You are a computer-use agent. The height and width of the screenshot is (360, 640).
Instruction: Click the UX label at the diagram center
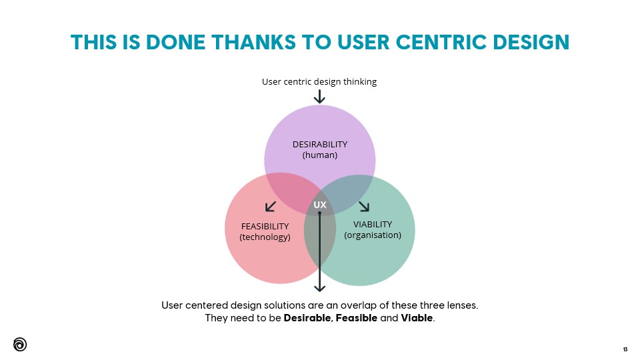[320, 204]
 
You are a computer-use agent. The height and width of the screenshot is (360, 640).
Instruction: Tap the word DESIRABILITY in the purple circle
[320, 144]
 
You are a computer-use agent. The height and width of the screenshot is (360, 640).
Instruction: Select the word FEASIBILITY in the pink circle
[265, 227]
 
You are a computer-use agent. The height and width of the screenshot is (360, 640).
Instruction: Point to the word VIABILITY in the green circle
[373, 224]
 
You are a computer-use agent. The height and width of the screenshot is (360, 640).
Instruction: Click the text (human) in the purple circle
[320, 155]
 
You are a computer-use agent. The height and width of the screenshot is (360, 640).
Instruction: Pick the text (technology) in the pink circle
[265, 237]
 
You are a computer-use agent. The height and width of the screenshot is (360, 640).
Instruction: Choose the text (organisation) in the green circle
[373, 235]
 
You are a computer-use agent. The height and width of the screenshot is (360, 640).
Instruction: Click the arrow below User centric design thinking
[319, 97]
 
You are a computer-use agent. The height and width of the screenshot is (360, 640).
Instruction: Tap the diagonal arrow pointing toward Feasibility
[271, 206]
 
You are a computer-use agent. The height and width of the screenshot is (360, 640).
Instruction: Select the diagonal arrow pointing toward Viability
[364, 205]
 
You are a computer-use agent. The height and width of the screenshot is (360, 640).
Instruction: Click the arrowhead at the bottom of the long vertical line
[320, 287]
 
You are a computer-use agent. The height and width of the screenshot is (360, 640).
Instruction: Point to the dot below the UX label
[320, 213]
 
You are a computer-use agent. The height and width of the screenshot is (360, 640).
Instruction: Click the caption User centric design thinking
[319, 81]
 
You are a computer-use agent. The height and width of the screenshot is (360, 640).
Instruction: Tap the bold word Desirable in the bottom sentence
[307, 319]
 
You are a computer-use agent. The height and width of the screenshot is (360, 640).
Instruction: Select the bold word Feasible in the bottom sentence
[357, 319]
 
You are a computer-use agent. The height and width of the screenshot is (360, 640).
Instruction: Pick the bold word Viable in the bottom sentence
[417, 319]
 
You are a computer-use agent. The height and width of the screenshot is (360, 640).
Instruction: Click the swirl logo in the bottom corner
[20, 344]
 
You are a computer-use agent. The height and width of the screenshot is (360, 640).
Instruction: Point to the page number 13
[625, 349]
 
